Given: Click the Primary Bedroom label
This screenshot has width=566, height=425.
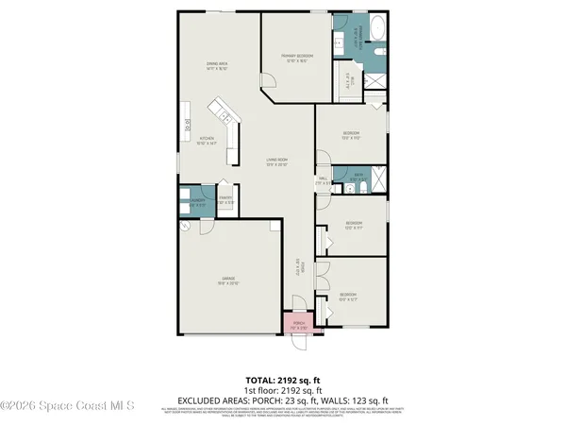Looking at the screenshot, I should click(x=296, y=59).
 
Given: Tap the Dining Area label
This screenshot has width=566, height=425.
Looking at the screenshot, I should click(x=219, y=66).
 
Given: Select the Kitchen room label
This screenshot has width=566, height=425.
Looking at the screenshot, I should click(x=208, y=142).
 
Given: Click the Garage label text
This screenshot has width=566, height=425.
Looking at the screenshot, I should click(x=229, y=280).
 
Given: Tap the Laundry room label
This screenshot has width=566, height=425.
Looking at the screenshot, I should click(x=197, y=202).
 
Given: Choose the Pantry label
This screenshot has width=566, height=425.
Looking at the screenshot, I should click(x=226, y=199).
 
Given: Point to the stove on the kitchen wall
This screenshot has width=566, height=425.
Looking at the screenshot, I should click(x=188, y=122).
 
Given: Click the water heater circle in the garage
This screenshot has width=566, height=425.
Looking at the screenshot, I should click(x=186, y=229).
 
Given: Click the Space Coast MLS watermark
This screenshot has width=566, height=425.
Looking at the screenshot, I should click(x=66, y=406).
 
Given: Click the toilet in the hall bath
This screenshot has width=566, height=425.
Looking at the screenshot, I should click(x=348, y=188).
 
